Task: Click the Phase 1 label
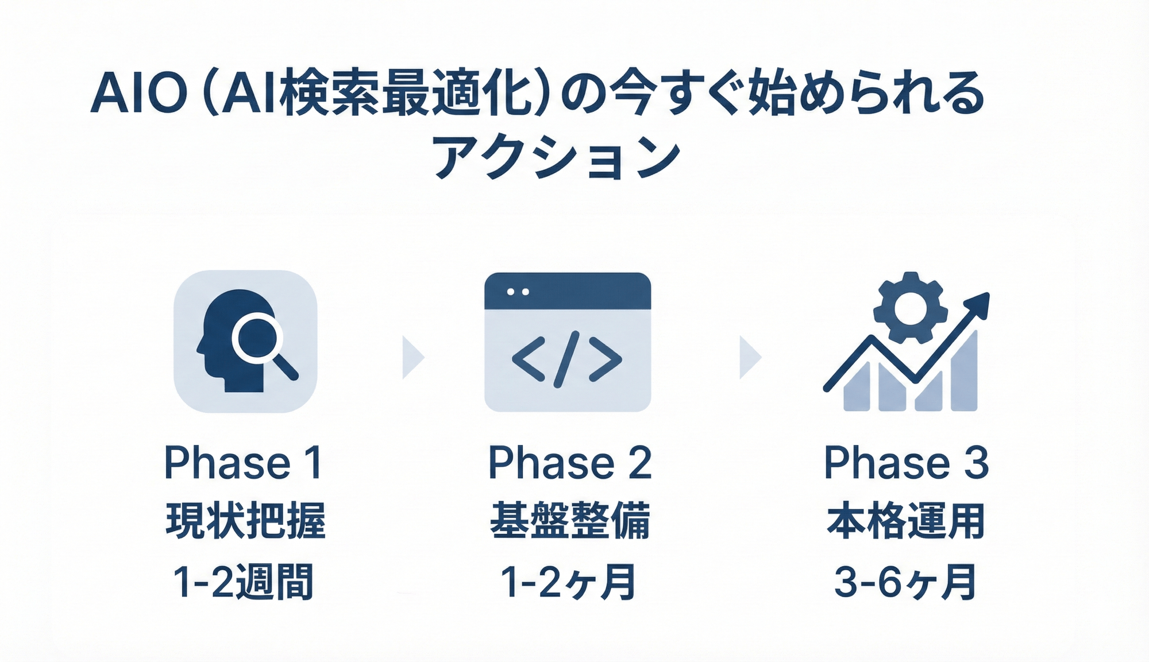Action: (x=243, y=462)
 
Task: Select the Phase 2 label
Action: (x=569, y=462)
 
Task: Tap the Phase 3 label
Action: (x=906, y=462)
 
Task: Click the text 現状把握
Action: (x=245, y=520)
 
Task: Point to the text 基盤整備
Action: (x=569, y=520)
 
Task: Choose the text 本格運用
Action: (x=906, y=520)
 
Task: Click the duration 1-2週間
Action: (x=243, y=582)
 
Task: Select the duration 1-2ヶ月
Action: (x=568, y=582)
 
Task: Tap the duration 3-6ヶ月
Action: (x=905, y=582)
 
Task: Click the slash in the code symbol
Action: (x=566, y=359)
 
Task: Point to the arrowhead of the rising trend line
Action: (x=978, y=304)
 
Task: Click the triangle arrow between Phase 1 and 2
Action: (x=412, y=358)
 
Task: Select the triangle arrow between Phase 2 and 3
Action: (x=749, y=358)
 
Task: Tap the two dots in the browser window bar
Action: (x=518, y=292)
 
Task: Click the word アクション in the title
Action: (x=556, y=157)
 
